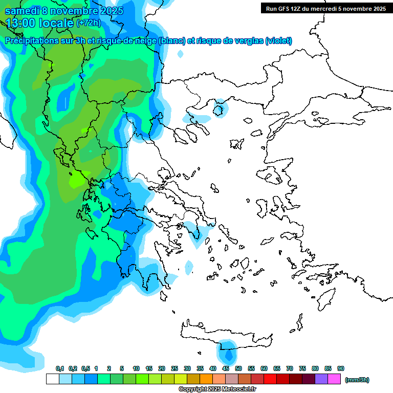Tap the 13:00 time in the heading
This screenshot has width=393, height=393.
coord(23,23)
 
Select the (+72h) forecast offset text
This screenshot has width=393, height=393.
coord(89,23)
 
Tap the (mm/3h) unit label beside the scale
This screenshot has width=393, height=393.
coord(357,380)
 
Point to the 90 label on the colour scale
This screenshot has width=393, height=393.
coord(341,368)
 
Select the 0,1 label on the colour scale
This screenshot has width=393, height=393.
coord(59,368)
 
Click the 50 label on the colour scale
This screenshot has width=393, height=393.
coord(238,368)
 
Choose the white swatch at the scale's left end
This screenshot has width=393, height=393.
coord(52,379)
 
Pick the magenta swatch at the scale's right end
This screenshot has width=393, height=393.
coord(334,379)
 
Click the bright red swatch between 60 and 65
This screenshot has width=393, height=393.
coord(270,379)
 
